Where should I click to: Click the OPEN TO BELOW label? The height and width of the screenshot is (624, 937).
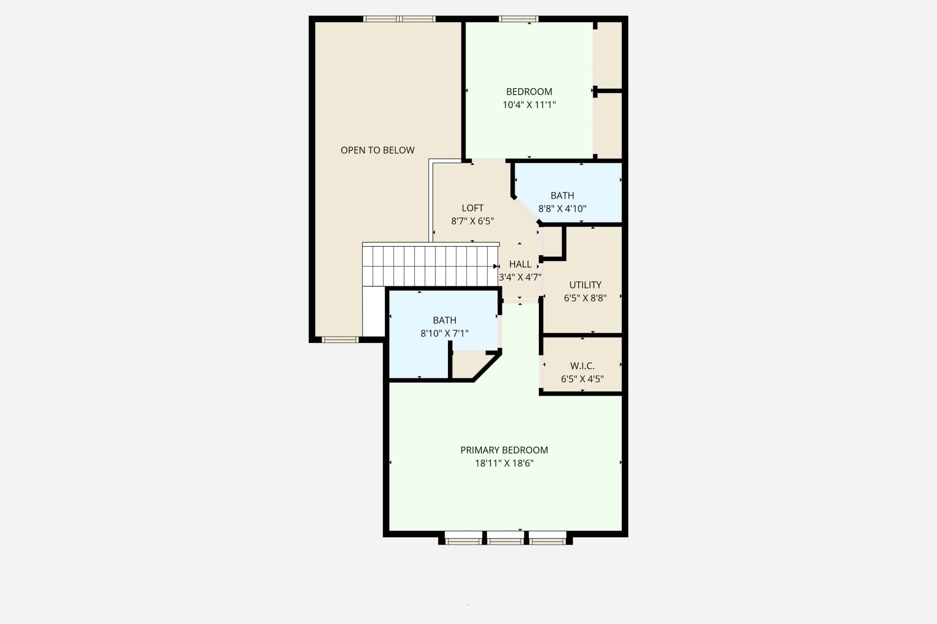(377, 150)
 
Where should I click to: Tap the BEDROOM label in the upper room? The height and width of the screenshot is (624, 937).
(529, 91)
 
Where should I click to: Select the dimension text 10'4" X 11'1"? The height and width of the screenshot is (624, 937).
(529, 105)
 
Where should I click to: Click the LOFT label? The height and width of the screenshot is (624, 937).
(473, 208)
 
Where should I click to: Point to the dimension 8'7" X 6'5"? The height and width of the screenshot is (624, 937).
(473, 221)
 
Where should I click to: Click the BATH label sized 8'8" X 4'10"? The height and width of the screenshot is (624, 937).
(562, 196)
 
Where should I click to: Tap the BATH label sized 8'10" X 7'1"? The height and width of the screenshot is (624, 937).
(445, 320)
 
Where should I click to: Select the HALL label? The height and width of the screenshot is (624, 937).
(520, 264)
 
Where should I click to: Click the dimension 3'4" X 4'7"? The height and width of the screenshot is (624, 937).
(520, 277)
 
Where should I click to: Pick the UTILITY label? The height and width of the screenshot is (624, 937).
(585, 285)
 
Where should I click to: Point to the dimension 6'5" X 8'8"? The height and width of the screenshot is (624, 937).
(585, 298)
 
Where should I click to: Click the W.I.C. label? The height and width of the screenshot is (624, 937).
(582, 366)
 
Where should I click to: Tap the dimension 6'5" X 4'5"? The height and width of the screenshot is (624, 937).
(582, 379)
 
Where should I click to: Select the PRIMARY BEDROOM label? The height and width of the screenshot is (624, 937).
(504, 450)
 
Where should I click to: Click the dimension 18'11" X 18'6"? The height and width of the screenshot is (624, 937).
(504, 463)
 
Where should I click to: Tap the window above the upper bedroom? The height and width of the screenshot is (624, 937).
(518, 19)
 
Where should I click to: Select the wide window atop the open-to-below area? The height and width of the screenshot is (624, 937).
(399, 19)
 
